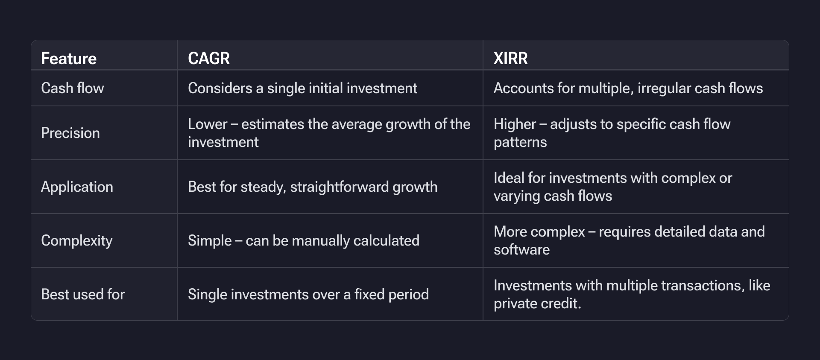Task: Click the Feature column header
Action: click(x=69, y=59)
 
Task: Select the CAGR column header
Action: click(x=209, y=59)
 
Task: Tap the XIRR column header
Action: click(x=510, y=59)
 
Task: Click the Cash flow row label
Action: click(x=73, y=88)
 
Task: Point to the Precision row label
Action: click(x=70, y=133)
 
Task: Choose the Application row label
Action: click(x=77, y=187)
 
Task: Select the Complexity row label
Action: click(x=77, y=241)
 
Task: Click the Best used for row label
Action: click(x=83, y=295)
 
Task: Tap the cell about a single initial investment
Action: click(x=302, y=88)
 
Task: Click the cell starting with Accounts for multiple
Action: click(x=628, y=88)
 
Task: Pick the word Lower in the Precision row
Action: click(x=207, y=124)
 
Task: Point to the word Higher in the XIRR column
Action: click(x=515, y=124)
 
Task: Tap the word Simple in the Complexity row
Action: click(x=209, y=241)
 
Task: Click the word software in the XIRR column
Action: click(x=521, y=250)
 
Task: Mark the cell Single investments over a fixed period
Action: click(x=308, y=295)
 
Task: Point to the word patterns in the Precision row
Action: click(x=520, y=142)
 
